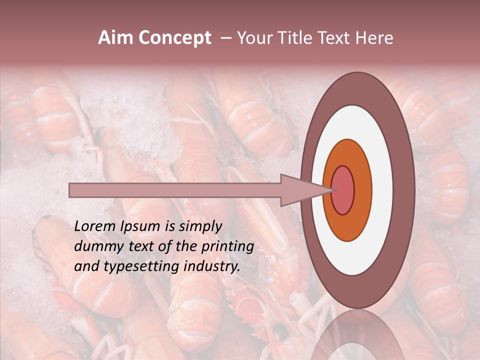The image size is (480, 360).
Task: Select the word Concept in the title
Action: click(174, 38)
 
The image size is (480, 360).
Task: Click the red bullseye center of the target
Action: click(343, 190)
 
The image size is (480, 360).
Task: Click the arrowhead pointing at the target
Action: click(305, 190)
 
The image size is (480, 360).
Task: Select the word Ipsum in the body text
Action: click(143, 226)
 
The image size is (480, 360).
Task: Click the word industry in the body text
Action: click(211, 266)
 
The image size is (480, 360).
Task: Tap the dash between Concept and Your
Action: click(225, 38)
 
